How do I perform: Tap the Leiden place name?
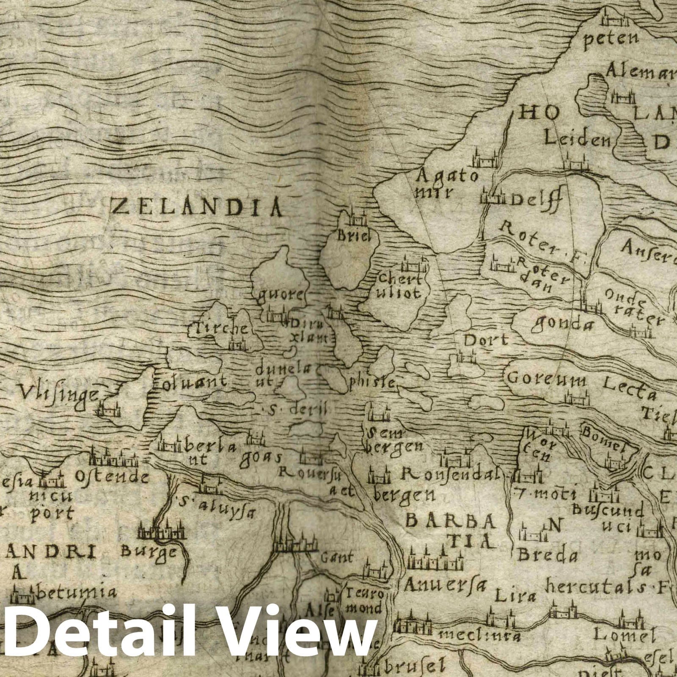[x=577, y=138]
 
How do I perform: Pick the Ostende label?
[x=112, y=477]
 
